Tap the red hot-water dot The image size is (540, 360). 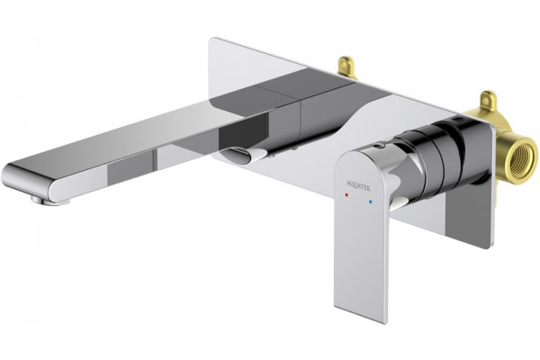(346, 195)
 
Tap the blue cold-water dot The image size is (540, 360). (370, 202)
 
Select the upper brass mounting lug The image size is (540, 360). (346, 67)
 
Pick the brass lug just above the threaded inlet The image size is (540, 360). (486, 100)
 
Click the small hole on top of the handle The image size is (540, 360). (380, 146)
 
